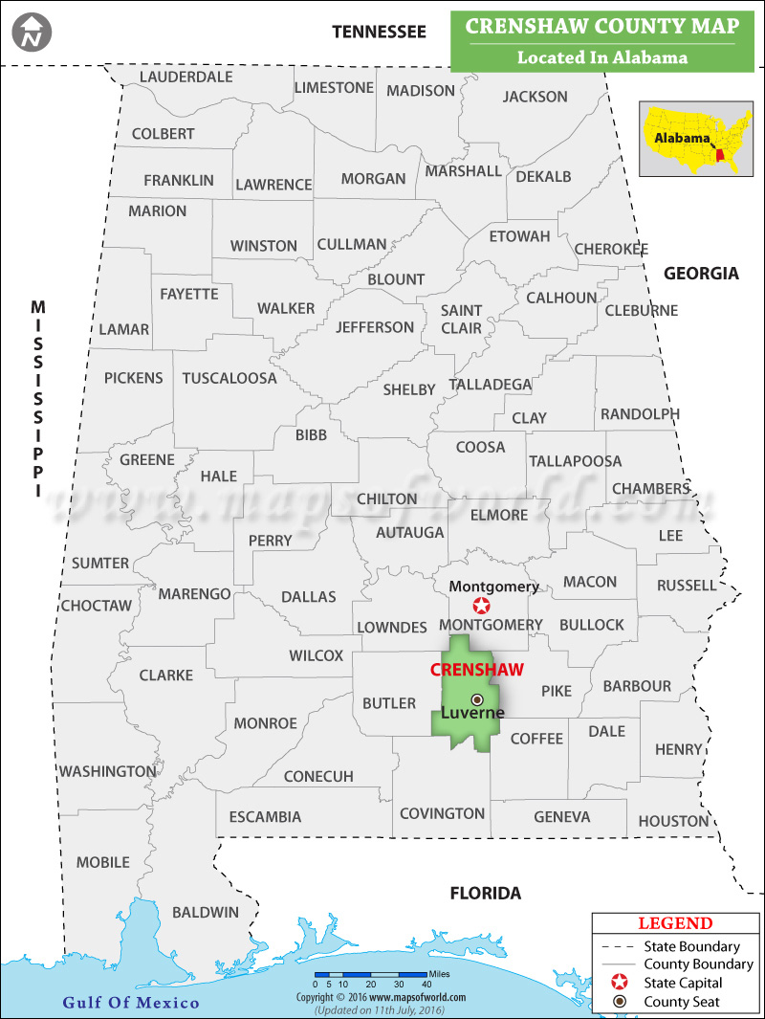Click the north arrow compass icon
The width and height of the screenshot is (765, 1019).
pyautogui.click(x=33, y=32)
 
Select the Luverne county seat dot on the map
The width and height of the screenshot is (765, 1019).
pyautogui.click(x=477, y=700)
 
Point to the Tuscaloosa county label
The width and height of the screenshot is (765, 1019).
pyautogui.click(x=229, y=378)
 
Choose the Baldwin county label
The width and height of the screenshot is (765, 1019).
pyautogui.click(x=206, y=912)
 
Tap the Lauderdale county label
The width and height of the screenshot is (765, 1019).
pyautogui.click(x=186, y=77)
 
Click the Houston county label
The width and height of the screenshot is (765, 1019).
pyautogui.click(x=674, y=821)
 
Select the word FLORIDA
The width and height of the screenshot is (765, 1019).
pyautogui.click(x=486, y=894)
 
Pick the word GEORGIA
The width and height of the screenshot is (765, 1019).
pyautogui.click(x=702, y=274)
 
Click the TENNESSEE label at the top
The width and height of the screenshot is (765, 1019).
pyautogui.click(x=379, y=32)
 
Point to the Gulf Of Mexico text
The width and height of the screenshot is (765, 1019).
pyautogui.click(x=131, y=1003)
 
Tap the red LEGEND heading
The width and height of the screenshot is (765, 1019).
pyautogui.click(x=675, y=923)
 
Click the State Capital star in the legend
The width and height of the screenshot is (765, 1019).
pyautogui.click(x=621, y=983)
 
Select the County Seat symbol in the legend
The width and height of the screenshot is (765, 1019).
pyautogui.click(x=621, y=1002)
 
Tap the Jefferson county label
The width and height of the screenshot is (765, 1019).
pyautogui.click(x=375, y=327)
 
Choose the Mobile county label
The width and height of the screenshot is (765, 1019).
pyautogui.click(x=103, y=862)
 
